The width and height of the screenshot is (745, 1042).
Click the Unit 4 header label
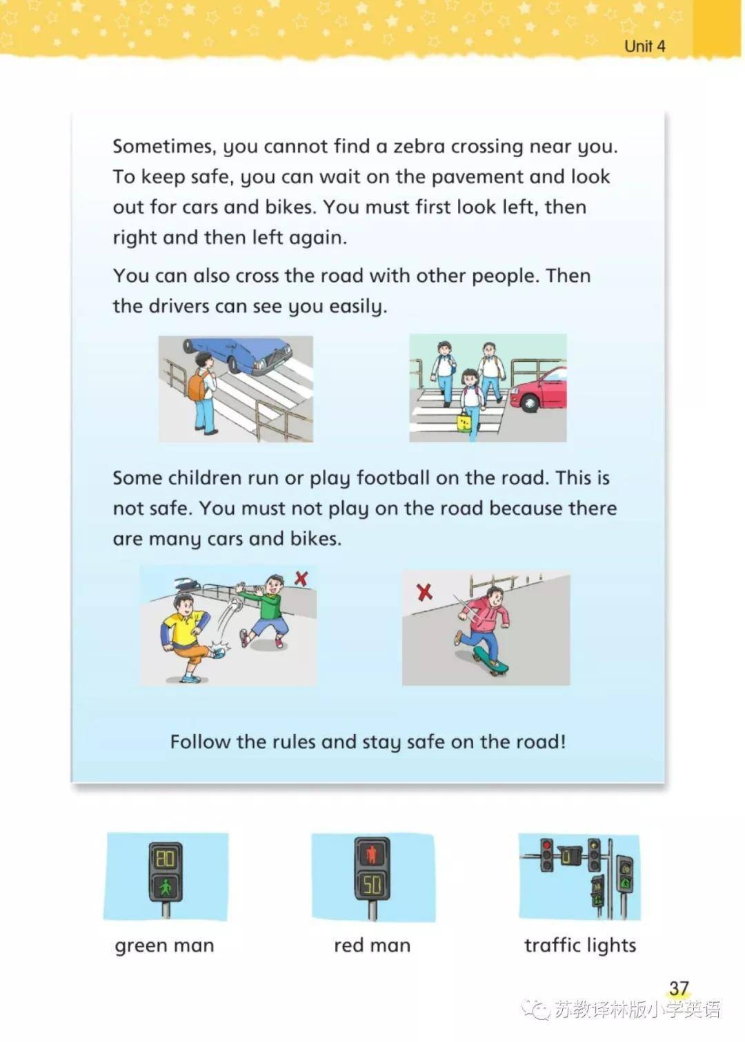[x=644, y=46]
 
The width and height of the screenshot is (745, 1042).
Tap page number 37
[x=679, y=988]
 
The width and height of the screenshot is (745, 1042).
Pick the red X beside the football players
[x=301, y=578]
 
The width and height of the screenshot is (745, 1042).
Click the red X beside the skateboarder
[x=424, y=592]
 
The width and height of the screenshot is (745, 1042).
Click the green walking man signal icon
[x=166, y=888]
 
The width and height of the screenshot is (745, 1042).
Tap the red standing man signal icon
[x=372, y=855]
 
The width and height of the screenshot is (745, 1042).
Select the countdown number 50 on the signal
[x=372, y=886]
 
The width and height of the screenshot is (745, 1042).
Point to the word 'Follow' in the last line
[x=200, y=742]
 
